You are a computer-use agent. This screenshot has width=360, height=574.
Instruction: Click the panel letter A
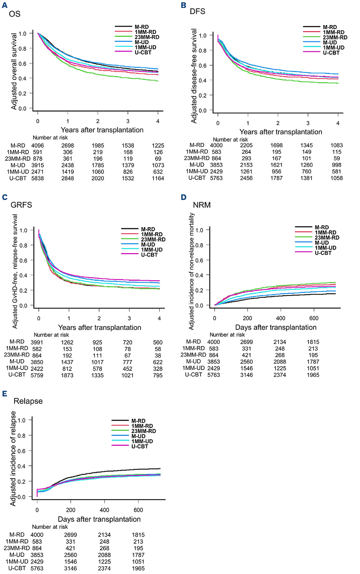5,5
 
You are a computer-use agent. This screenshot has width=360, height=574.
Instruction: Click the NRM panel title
202,205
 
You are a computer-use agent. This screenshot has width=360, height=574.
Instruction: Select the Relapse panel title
28,401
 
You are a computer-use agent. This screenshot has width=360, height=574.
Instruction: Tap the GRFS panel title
21,205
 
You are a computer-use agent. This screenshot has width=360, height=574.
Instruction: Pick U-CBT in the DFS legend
331,53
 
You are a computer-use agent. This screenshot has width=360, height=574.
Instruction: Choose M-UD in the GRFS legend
148,244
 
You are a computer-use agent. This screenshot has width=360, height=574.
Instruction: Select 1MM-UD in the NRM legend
325,248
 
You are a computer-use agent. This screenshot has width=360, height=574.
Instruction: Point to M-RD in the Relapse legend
138,421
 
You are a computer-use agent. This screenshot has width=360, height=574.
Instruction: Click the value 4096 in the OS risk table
38,146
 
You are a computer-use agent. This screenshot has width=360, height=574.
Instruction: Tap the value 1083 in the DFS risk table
337,145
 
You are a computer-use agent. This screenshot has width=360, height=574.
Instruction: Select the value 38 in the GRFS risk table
158,356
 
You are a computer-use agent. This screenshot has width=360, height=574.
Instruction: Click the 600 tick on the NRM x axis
314,318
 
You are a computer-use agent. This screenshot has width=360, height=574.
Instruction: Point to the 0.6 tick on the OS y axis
22,63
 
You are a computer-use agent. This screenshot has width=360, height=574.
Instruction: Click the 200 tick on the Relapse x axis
71,510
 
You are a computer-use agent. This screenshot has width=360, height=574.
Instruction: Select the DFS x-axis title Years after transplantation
281,132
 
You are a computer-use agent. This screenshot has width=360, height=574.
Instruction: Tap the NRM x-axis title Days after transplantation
276,327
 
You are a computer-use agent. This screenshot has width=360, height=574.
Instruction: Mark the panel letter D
184,197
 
